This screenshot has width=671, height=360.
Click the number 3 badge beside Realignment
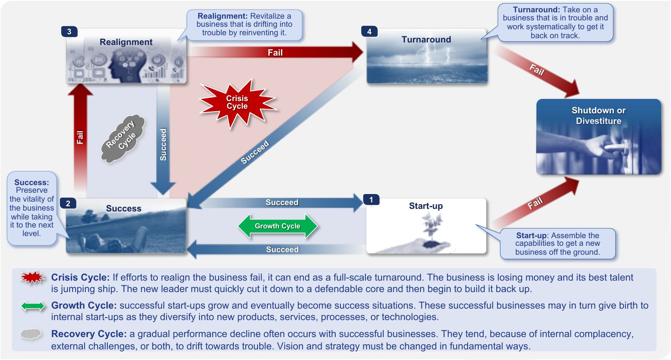(69, 31)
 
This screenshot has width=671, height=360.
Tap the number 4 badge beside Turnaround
(369, 31)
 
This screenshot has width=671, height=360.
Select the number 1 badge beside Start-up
(371, 200)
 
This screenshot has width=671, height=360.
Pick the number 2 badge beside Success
(68, 203)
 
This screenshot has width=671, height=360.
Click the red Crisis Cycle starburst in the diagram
(237, 103)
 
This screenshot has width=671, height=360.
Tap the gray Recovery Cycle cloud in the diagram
(123, 138)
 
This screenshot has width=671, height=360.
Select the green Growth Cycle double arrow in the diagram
(278, 226)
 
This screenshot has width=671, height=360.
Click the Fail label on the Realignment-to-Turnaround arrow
(275, 53)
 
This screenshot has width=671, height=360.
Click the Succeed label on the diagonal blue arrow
(255, 152)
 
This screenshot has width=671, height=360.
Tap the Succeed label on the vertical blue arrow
(163, 144)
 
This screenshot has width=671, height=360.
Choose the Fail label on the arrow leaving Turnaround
(537, 69)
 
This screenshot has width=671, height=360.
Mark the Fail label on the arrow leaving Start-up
(535, 203)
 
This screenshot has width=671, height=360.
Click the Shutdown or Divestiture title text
(598, 115)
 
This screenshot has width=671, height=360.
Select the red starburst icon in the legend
(33, 278)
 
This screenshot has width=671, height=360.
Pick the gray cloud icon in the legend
(31, 334)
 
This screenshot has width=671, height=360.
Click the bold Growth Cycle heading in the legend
(84, 305)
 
